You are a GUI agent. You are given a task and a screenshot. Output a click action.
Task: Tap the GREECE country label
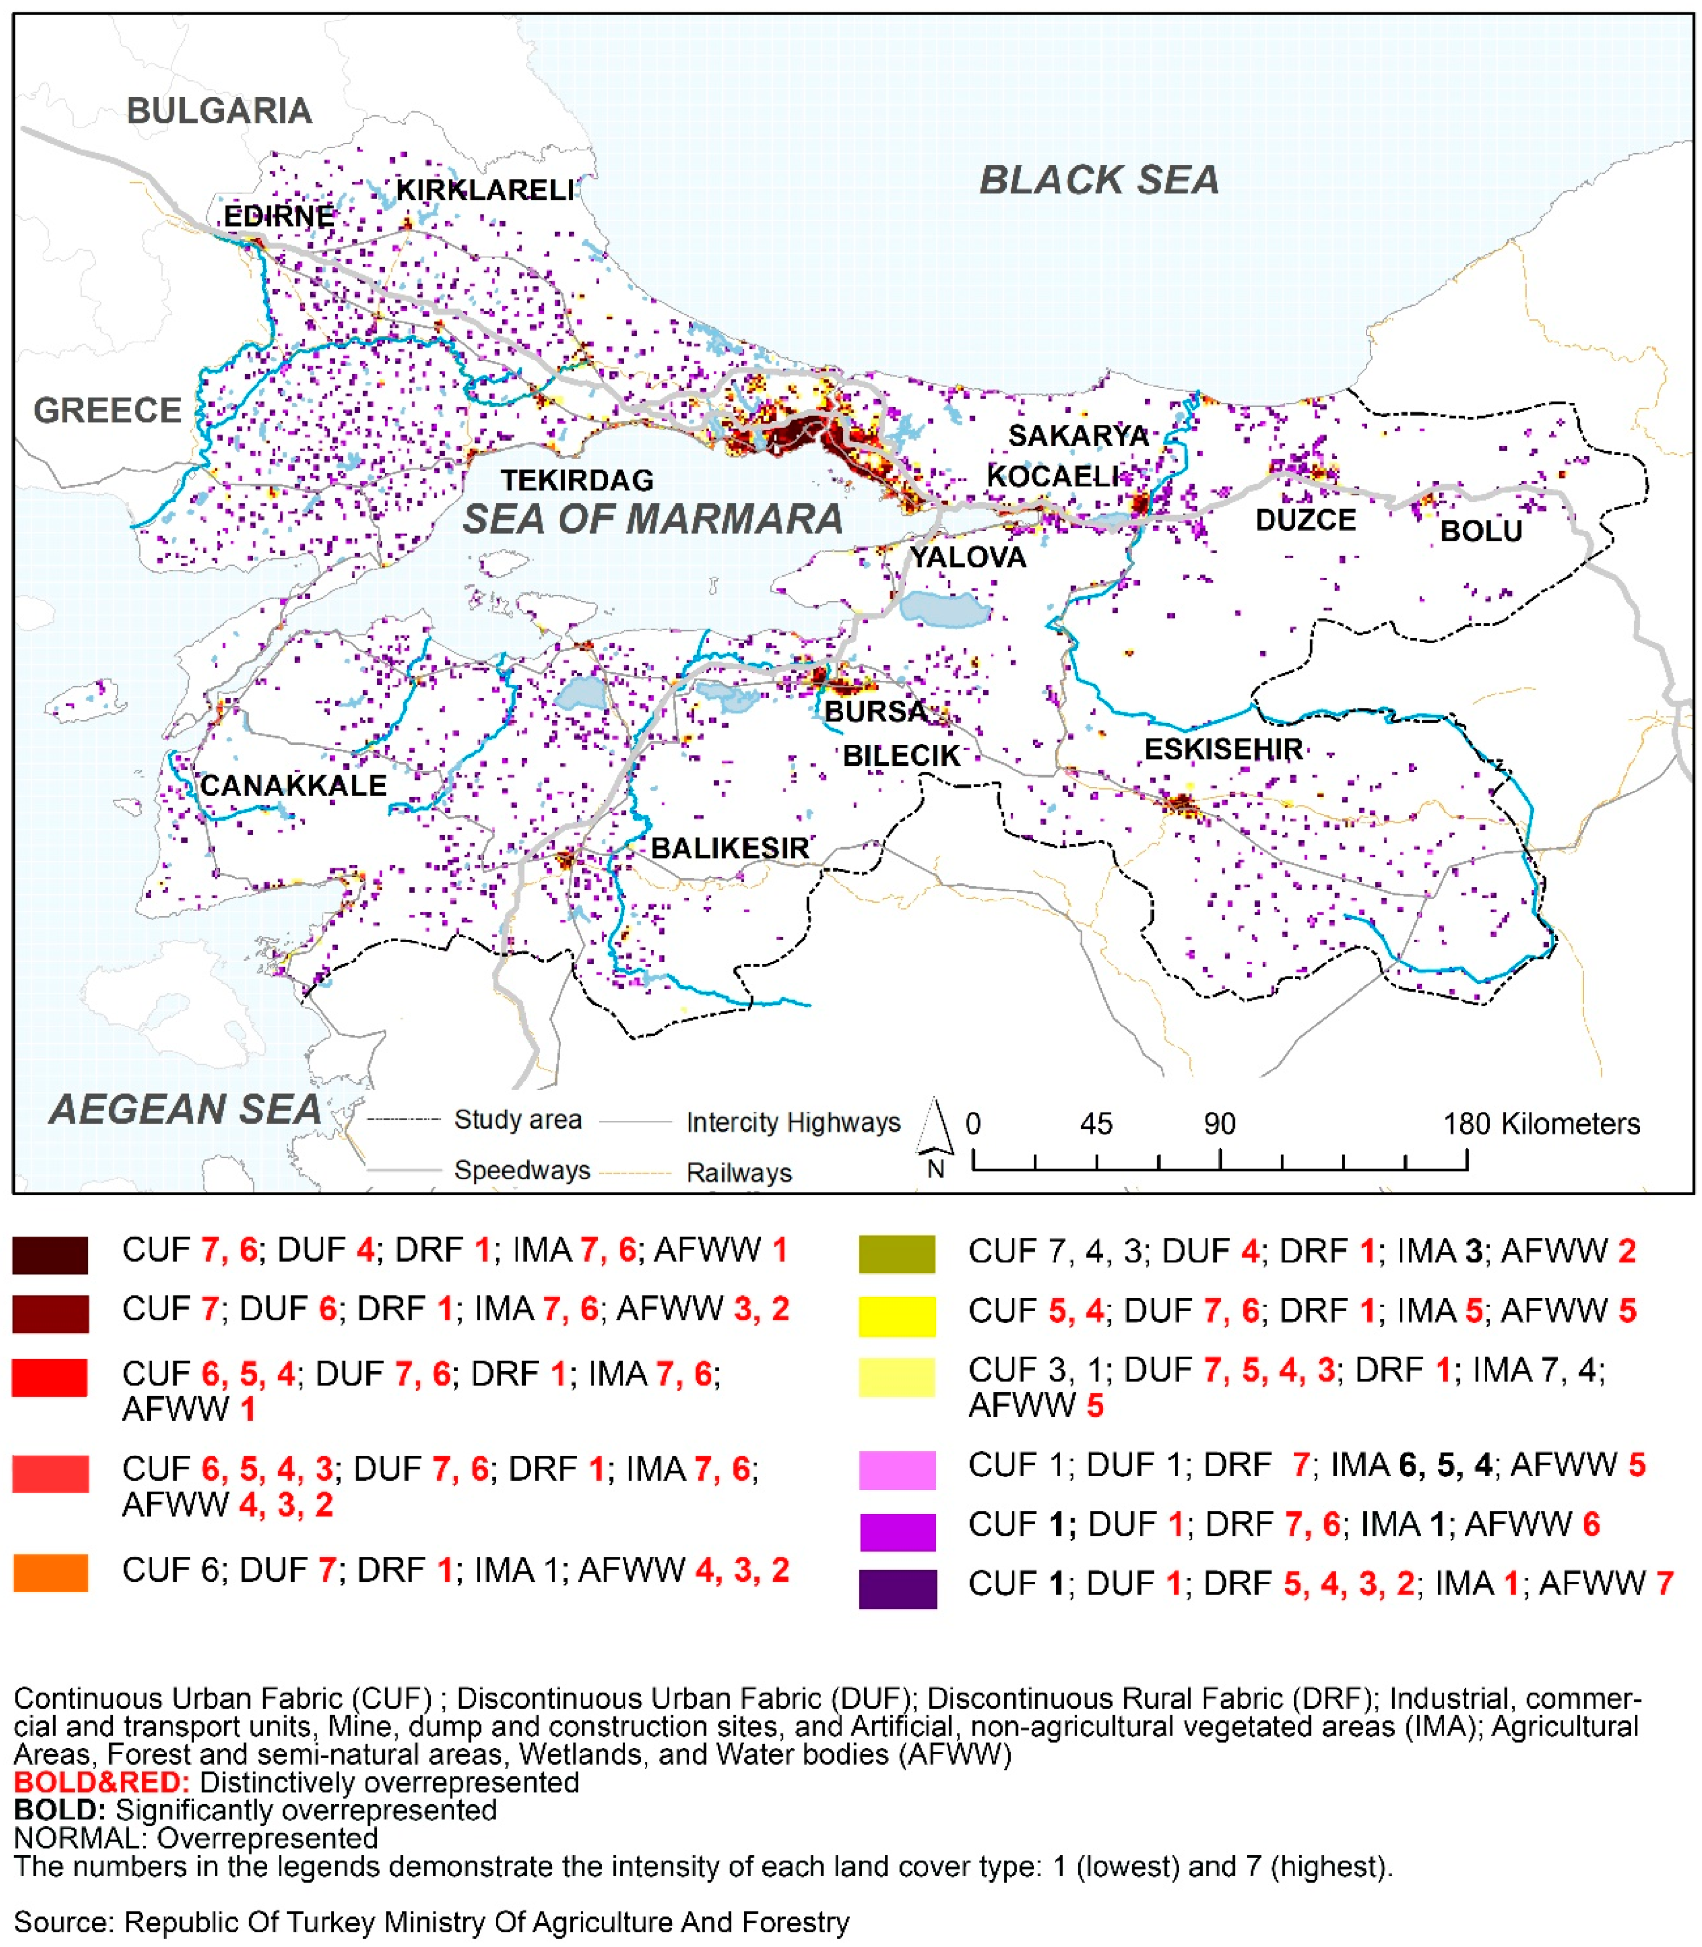(108, 410)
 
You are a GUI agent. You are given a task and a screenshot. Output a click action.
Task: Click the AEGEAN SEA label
(185, 1109)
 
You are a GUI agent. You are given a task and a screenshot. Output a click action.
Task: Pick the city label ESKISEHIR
(1223, 749)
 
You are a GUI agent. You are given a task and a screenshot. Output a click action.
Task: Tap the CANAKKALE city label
(294, 786)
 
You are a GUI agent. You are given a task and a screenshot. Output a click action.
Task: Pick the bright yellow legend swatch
(897, 1315)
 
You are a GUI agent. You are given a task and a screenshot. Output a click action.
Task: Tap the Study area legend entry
(517, 1120)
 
